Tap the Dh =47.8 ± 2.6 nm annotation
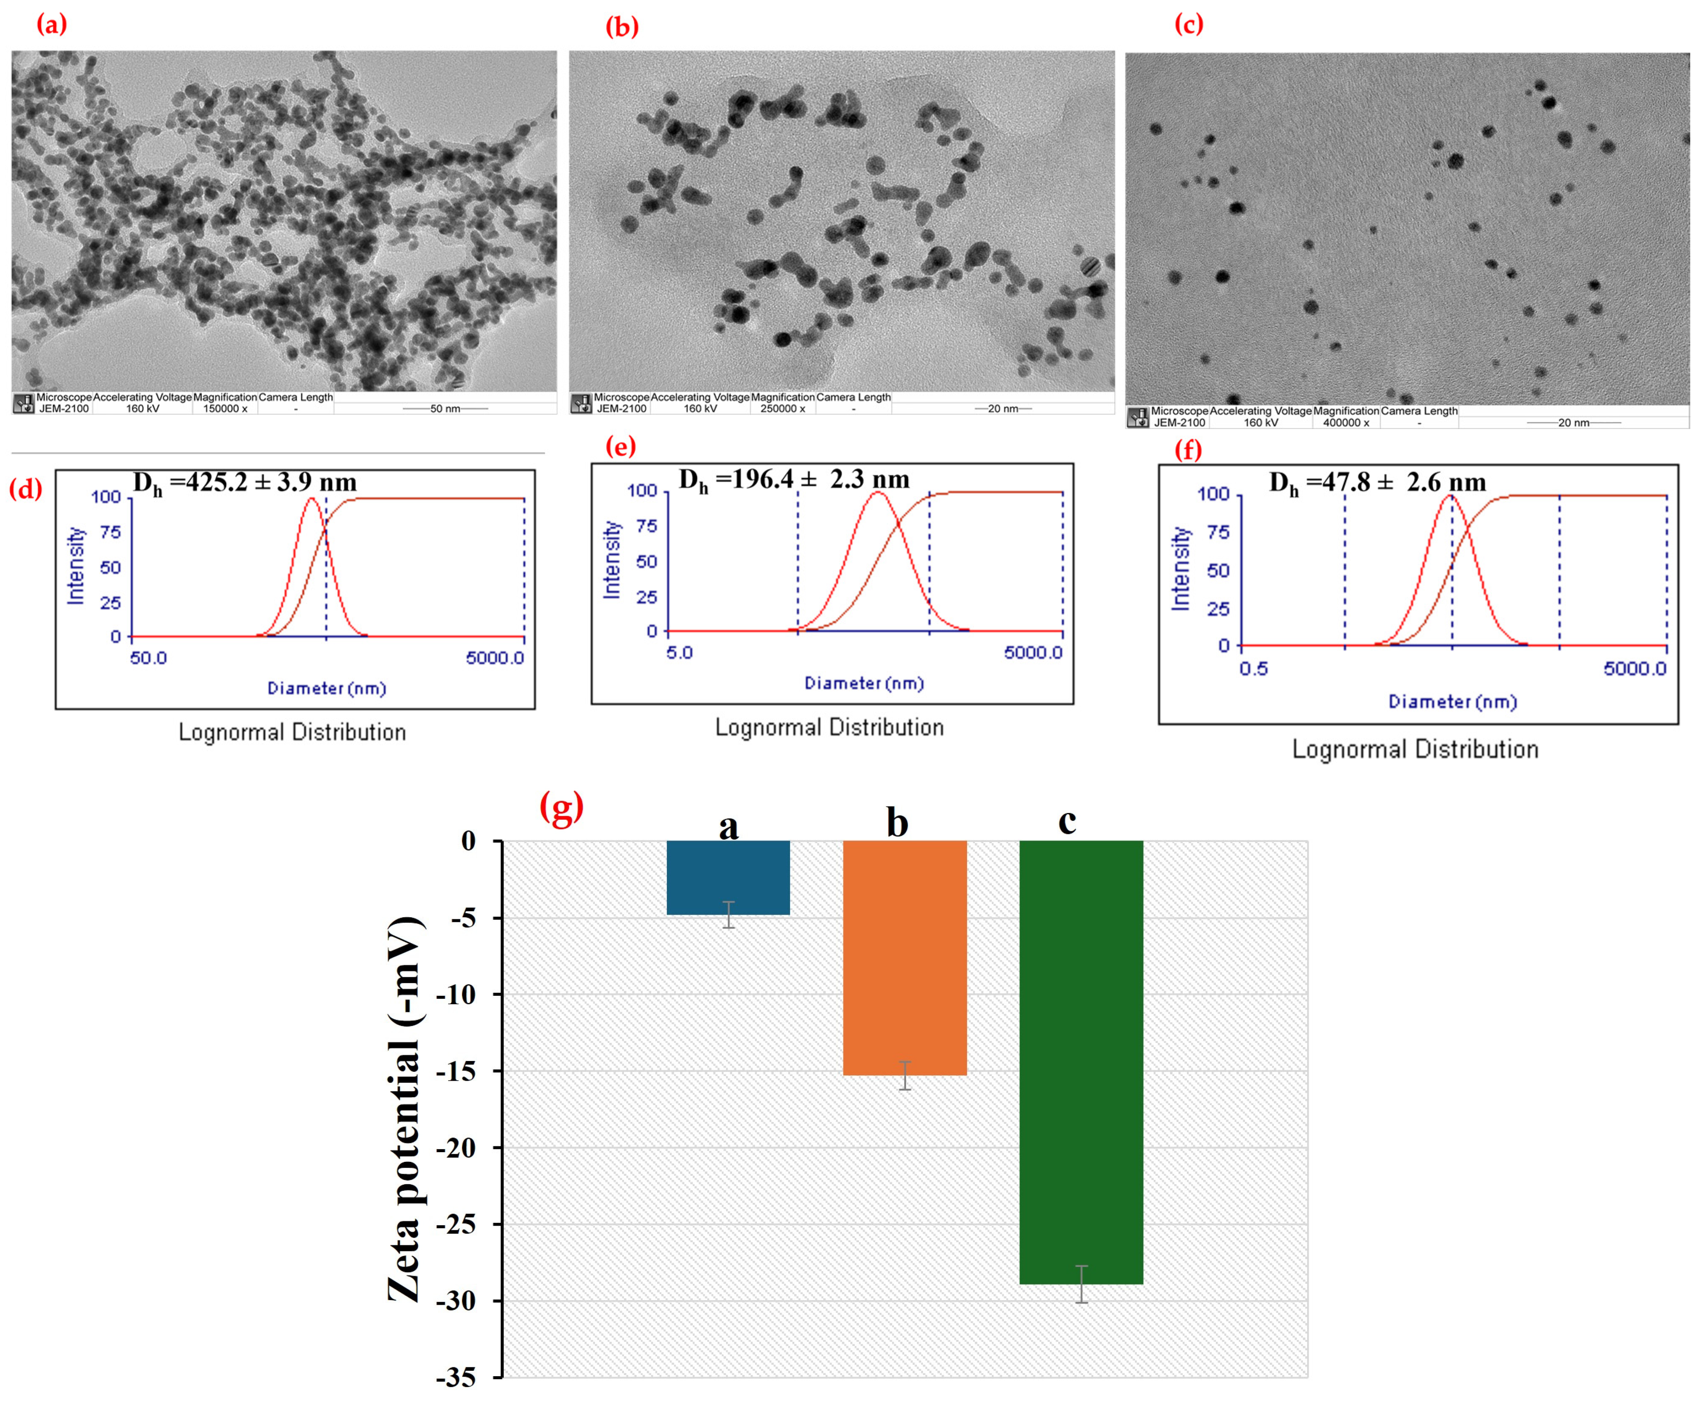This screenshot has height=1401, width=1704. point(1377,483)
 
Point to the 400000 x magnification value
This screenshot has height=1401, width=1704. point(1346,423)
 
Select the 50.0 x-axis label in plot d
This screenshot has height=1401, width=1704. point(148,658)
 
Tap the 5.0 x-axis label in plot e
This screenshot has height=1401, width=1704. point(679,652)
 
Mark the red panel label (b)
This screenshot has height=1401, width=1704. point(621,26)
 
